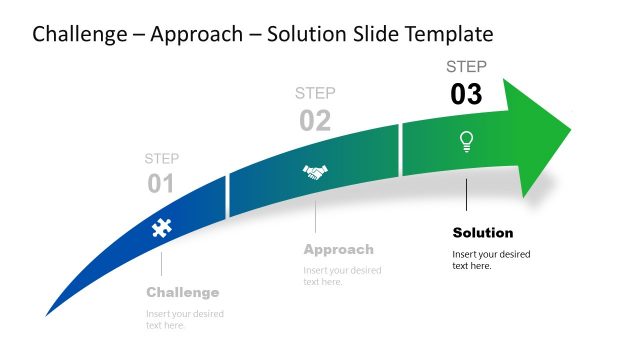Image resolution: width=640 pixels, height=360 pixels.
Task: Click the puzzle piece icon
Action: pos(160,228)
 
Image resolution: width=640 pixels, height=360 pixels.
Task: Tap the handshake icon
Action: pos(315,173)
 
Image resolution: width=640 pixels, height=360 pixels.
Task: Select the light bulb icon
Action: pos(466,141)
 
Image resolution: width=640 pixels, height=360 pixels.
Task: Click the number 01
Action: pos(161,184)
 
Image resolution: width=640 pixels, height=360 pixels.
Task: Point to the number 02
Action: pos(315,121)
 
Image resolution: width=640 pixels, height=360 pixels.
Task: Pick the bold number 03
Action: pos(466,94)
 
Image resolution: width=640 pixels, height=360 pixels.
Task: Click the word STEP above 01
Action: pos(162,158)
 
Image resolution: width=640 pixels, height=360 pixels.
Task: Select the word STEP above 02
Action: pos(315,93)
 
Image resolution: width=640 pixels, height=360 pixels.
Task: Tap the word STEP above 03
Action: pos(466,67)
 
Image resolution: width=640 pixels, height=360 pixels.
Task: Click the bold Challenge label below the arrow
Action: pos(182,292)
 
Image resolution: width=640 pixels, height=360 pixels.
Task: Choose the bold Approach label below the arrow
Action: pos(338,249)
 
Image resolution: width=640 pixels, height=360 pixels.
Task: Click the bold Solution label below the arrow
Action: pos(483,232)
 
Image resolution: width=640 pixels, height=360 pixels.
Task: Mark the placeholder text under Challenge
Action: pos(185,319)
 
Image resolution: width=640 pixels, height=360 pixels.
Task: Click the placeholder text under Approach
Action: pos(342,276)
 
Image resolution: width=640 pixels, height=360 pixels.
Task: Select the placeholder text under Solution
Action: pos(491,259)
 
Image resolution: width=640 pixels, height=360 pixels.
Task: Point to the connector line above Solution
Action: pos(466,195)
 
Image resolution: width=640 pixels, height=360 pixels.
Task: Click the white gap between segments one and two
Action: pos(227,196)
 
